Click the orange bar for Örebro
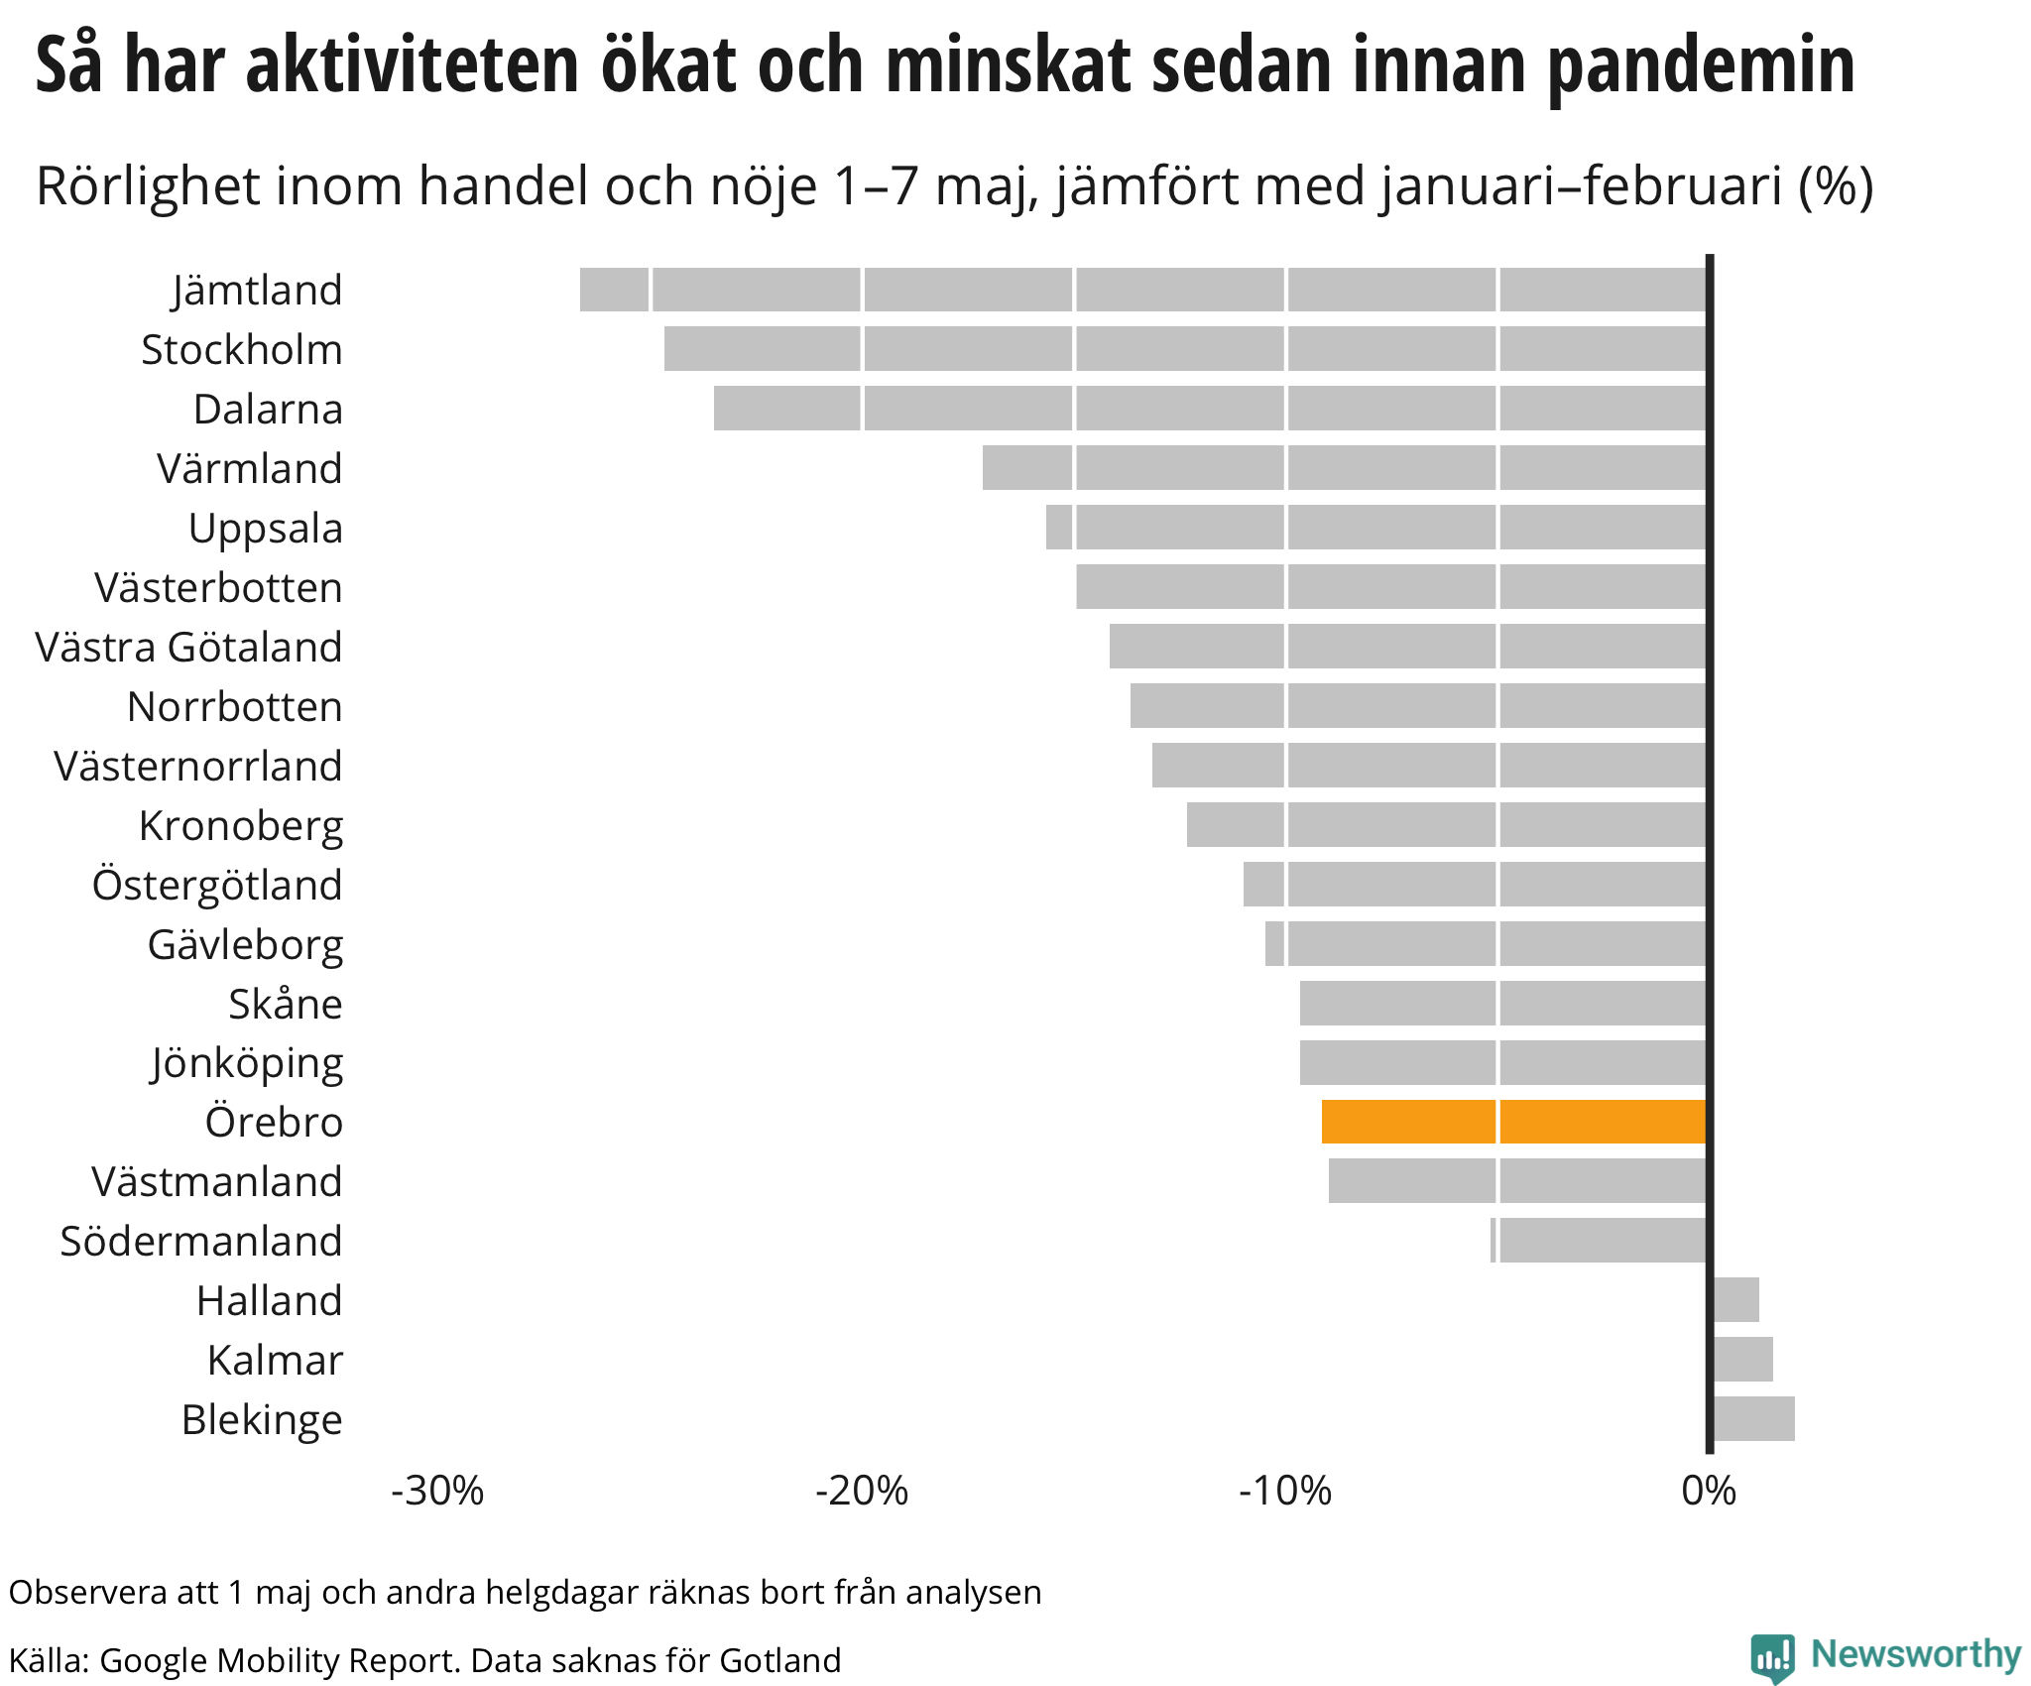(1513, 1122)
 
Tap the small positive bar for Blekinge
(1753, 1418)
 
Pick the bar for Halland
(1735, 1299)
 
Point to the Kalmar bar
(1742, 1359)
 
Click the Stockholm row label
(242, 350)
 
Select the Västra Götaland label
(188, 648)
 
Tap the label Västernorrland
(198, 767)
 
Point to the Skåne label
(286, 1005)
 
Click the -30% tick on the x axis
(437, 1491)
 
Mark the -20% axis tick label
(862, 1491)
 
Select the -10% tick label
(1285, 1491)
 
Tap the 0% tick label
(1709, 1491)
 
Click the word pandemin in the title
(1701, 66)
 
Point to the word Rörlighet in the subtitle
(147, 186)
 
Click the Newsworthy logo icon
(1772, 1656)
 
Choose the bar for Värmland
(1344, 468)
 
